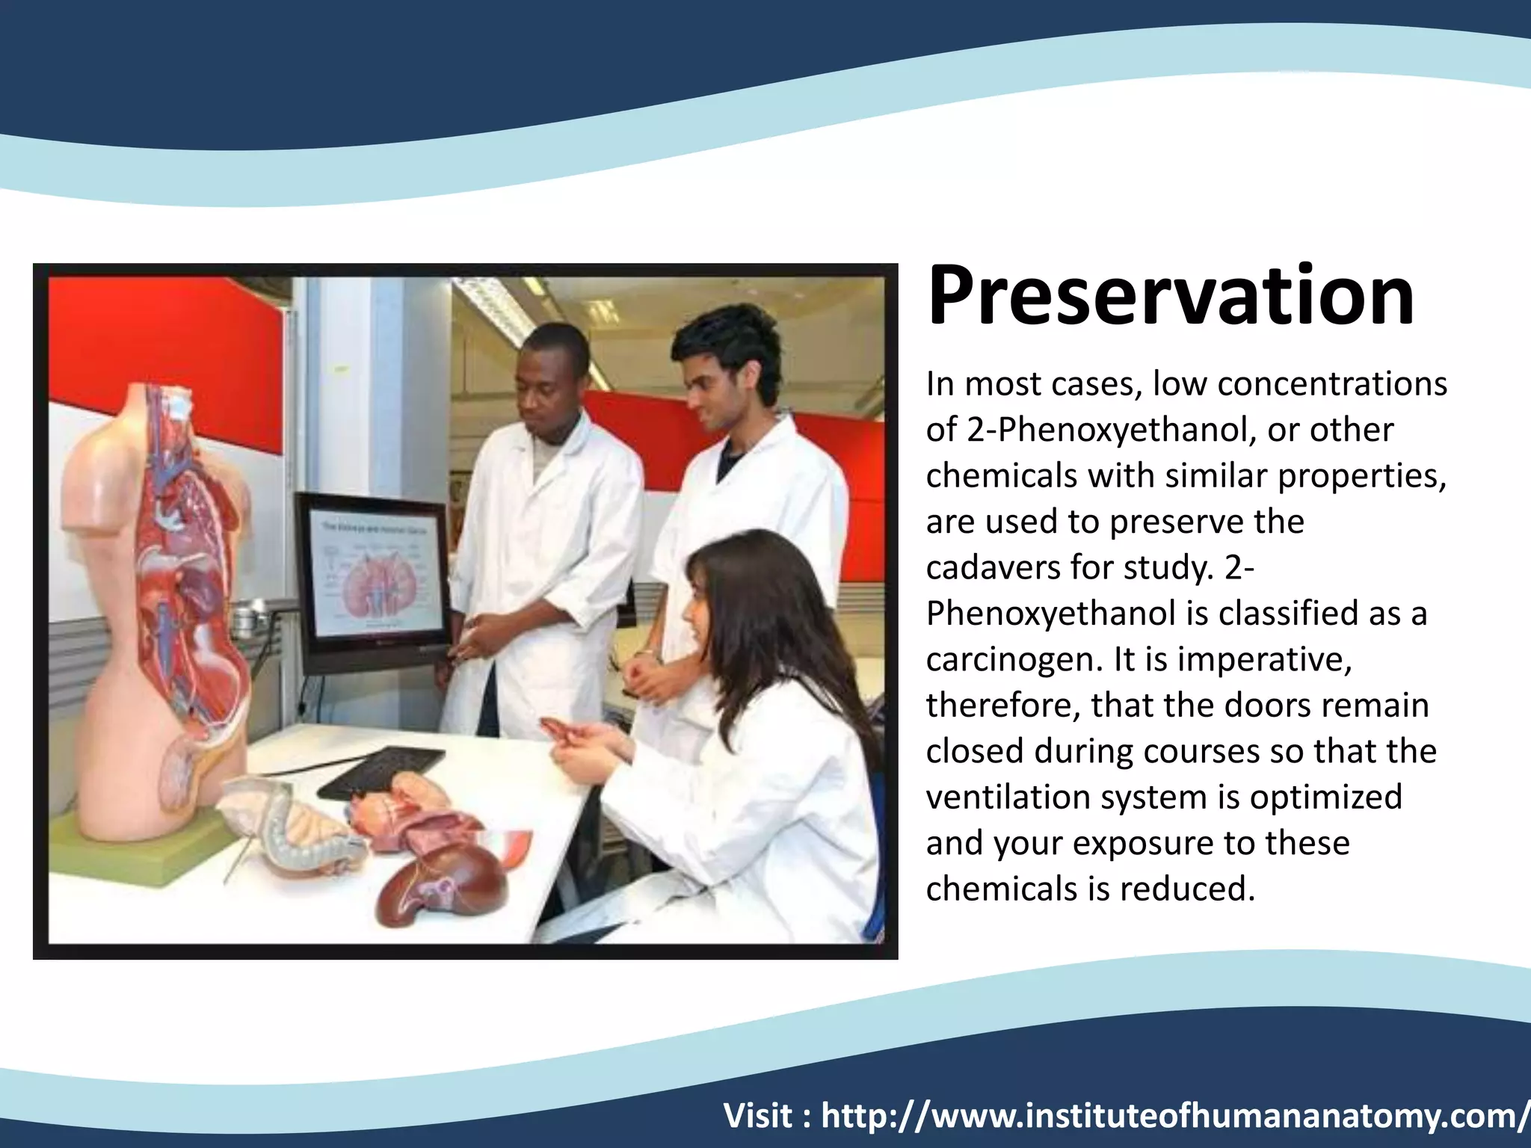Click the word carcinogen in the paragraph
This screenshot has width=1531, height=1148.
click(x=1014, y=659)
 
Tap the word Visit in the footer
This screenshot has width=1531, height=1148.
click(x=758, y=1116)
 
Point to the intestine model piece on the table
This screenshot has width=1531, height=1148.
click(x=299, y=830)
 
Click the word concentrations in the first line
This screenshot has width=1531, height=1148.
click(x=1332, y=384)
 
